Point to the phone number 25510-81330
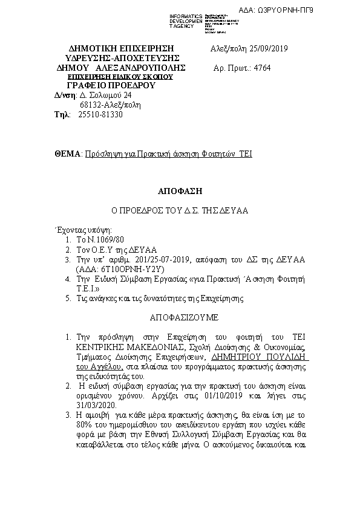click(100, 114)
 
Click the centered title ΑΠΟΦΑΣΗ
click(179, 190)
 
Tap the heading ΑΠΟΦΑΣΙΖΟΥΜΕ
click(180, 317)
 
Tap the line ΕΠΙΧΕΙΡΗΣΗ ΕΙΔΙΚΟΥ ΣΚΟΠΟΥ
click(120, 77)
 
